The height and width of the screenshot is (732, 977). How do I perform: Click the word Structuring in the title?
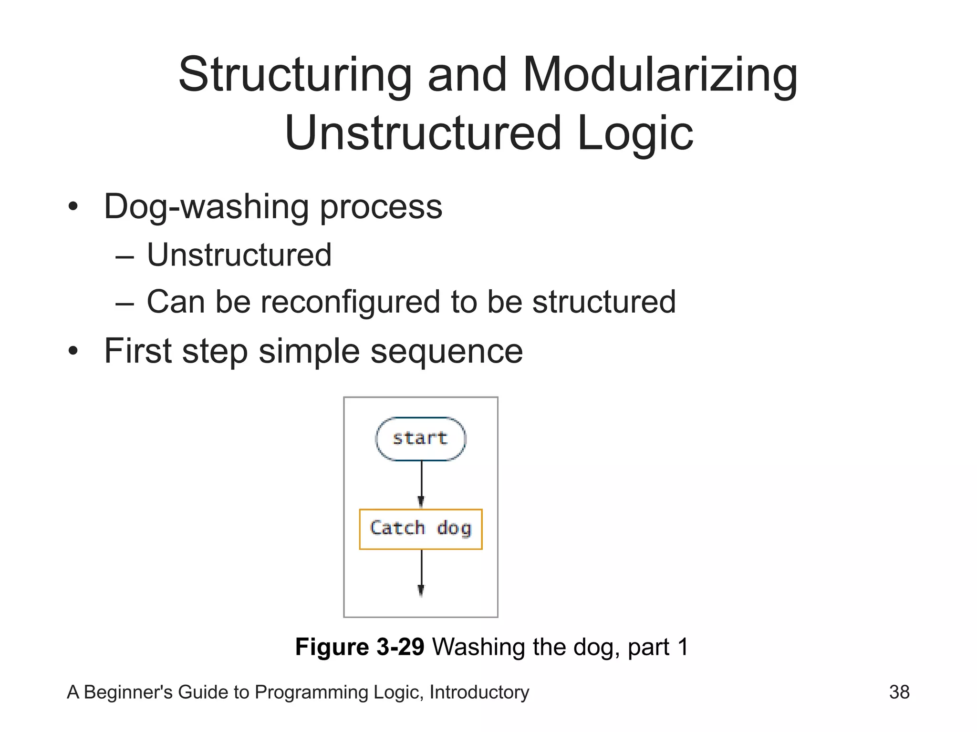pyautogui.click(x=295, y=75)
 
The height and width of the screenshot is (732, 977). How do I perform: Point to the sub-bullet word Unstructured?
pyautogui.click(x=239, y=255)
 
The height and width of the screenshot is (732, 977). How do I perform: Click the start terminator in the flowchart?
pyautogui.click(x=420, y=438)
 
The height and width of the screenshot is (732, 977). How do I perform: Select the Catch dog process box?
pyautogui.click(x=420, y=529)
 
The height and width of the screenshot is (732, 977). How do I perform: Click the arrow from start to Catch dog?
pyautogui.click(x=421, y=484)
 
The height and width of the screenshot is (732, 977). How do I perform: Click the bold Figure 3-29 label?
pyautogui.click(x=359, y=647)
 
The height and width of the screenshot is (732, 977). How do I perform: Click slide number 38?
pyautogui.click(x=899, y=692)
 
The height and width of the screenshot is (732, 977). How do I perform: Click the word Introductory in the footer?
pyautogui.click(x=479, y=692)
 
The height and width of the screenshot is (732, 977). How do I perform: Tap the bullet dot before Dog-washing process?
pyautogui.click(x=73, y=207)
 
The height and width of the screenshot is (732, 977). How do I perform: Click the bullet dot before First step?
pyautogui.click(x=73, y=351)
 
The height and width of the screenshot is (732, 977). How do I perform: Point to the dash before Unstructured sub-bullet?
pyautogui.click(x=125, y=256)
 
